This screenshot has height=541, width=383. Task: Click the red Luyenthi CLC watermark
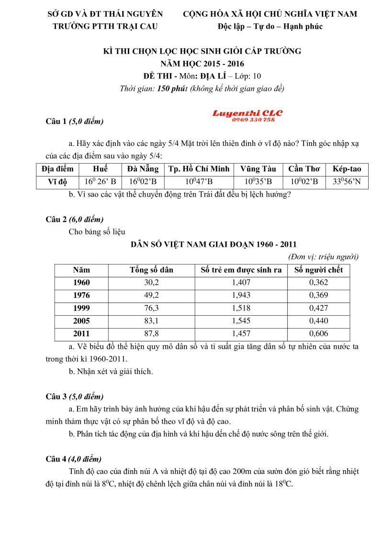(x=247, y=116)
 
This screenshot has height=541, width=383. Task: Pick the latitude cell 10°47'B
(x=199, y=181)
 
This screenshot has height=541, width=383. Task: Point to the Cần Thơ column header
(x=304, y=168)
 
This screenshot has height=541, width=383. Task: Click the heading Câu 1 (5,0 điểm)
(x=74, y=121)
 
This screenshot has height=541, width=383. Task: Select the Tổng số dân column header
(x=151, y=270)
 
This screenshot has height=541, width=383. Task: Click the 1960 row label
(x=81, y=282)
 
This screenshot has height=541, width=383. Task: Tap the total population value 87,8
(x=151, y=333)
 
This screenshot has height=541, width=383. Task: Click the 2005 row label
(x=81, y=321)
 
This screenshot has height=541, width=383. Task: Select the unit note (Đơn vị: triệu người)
(x=324, y=257)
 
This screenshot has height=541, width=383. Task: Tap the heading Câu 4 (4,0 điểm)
(x=74, y=459)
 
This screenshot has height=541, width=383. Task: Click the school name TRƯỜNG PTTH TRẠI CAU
(x=105, y=26)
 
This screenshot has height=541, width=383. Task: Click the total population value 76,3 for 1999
(x=151, y=308)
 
